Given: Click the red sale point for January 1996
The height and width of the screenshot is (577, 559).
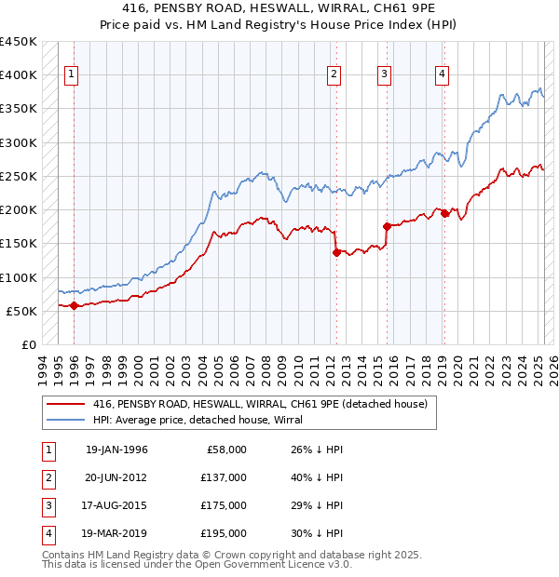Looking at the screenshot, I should point(74,305).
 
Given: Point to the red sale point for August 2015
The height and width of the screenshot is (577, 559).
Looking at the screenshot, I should point(386,226).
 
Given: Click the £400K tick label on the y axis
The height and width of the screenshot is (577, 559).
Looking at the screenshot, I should point(19,75).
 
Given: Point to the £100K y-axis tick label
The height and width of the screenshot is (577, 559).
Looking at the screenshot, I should point(19,277).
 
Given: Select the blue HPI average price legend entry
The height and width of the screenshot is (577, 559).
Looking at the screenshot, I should point(233,420).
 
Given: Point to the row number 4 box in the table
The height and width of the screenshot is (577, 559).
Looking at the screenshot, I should point(46,533).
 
